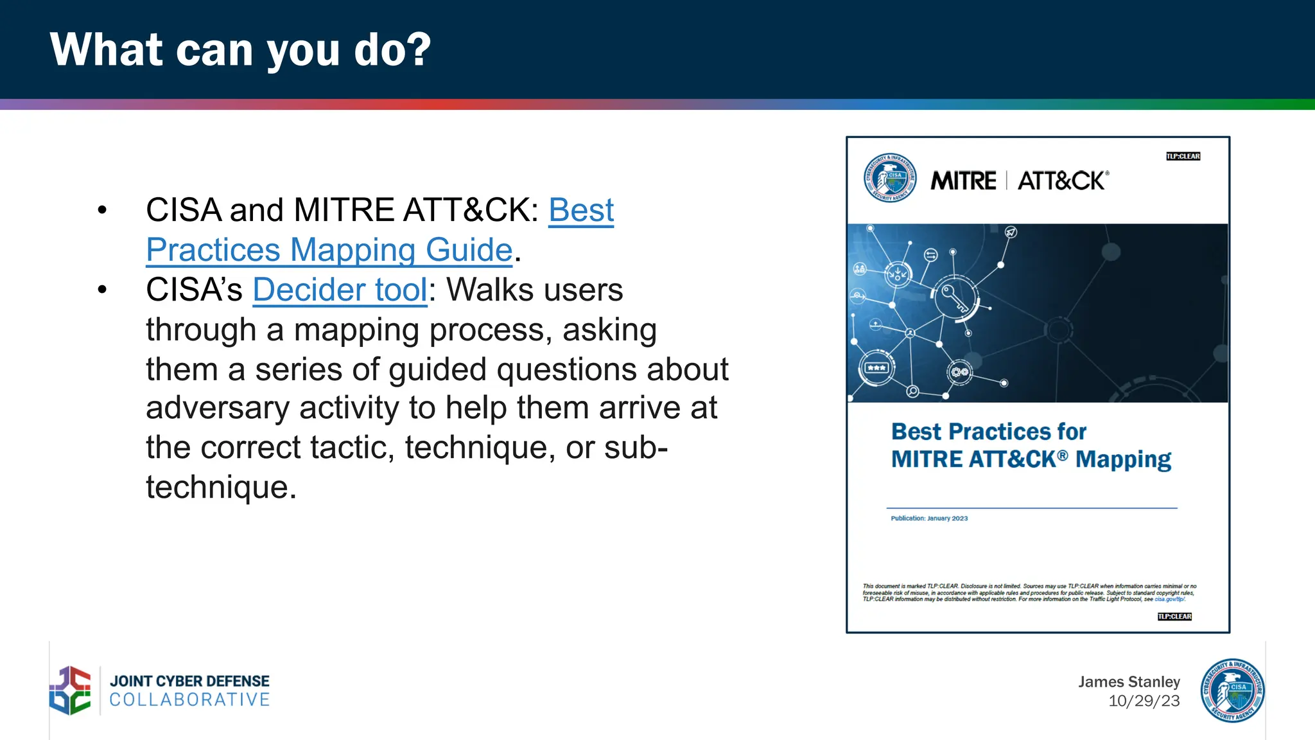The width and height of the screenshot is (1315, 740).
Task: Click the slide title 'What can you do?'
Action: click(240, 50)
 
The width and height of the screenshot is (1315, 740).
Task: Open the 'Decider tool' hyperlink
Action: click(340, 290)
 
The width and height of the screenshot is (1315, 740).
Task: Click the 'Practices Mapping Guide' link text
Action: click(329, 250)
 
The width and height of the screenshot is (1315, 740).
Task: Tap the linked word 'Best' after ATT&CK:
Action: click(581, 210)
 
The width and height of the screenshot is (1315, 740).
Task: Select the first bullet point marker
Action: click(102, 210)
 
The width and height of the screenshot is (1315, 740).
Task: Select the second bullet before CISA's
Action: click(102, 290)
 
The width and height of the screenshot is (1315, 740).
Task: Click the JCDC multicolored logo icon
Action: click(71, 691)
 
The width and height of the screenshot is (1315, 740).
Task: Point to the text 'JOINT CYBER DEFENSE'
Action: click(189, 681)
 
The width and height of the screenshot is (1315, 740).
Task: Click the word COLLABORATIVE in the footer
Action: click(189, 700)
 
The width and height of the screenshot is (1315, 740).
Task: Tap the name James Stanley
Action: click(1129, 682)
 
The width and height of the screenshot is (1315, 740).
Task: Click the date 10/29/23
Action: click(1144, 701)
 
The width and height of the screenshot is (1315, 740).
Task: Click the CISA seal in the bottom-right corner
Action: click(1232, 691)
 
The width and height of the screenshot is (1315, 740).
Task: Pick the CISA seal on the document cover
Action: click(890, 178)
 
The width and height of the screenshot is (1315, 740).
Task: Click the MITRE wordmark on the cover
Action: click(963, 181)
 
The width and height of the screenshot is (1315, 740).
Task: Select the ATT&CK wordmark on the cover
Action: click(1062, 181)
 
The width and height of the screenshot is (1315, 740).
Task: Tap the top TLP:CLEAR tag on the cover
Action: click(1183, 156)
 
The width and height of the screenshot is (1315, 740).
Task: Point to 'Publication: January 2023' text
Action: click(928, 518)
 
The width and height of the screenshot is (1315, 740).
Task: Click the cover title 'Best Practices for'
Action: click(988, 432)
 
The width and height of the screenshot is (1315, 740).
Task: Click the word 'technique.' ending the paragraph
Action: click(221, 488)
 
